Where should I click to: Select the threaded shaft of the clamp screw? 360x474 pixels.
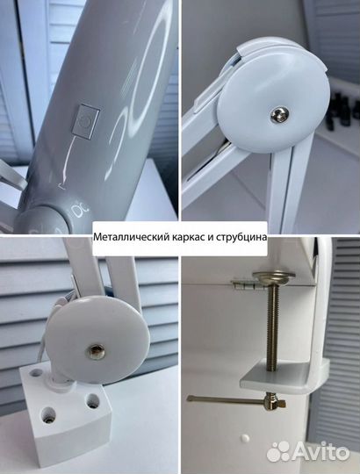click(x=275, y=325)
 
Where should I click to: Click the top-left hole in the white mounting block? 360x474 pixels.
click(x=35, y=372)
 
